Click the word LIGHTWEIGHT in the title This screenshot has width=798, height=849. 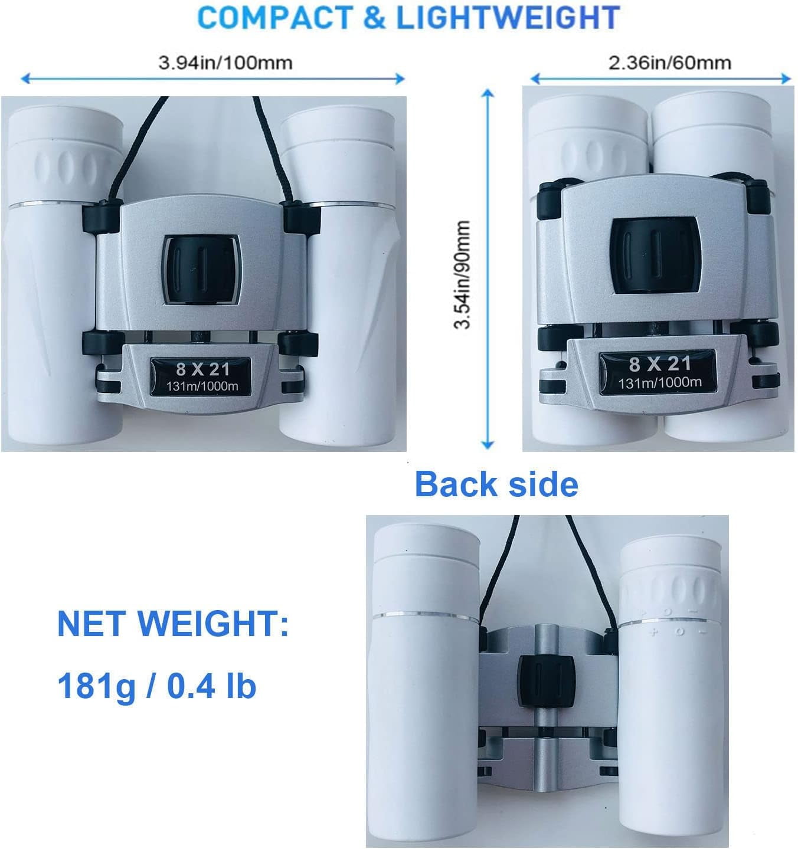[508, 18]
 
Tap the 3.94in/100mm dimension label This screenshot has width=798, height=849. [225, 63]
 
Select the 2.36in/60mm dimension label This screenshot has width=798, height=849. [670, 63]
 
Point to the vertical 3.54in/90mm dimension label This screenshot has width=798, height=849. [463, 275]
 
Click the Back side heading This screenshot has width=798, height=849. [496, 484]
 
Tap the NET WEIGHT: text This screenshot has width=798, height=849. [173, 624]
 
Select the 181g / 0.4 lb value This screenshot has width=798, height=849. [156, 686]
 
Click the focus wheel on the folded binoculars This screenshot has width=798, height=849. [656, 255]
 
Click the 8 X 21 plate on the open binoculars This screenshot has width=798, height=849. [201, 376]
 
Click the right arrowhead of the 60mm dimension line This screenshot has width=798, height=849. [786, 78]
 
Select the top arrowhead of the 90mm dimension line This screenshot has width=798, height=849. [488, 93]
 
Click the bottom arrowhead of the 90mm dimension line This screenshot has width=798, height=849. [488, 445]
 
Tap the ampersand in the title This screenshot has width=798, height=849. [375, 18]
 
